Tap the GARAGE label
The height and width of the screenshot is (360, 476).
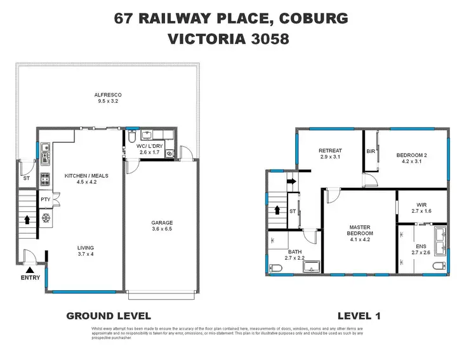point(162,222)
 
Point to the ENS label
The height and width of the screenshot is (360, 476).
point(421,248)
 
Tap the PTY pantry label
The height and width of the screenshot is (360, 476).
point(46,199)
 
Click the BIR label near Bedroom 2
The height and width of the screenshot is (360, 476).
point(371,152)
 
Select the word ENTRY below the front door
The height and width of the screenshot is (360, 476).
point(30,277)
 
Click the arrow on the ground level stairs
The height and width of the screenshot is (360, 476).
point(27,220)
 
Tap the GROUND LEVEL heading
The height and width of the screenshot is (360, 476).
point(109,316)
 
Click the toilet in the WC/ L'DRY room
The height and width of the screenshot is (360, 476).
point(131,137)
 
